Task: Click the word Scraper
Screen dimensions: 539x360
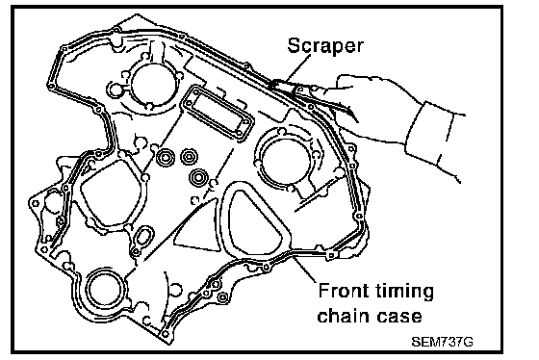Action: pyautogui.click(x=325, y=46)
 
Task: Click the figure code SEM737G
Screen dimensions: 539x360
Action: pyautogui.click(x=442, y=342)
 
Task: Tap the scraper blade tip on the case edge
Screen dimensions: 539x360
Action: pyautogui.click(x=274, y=85)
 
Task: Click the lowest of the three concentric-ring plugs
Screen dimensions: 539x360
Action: pyautogui.click(x=198, y=177)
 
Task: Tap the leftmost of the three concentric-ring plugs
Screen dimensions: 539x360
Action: pyautogui.click(x=166, y=158)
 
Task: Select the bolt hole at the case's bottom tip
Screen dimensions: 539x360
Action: pyautogui.click(x=166, y=333)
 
